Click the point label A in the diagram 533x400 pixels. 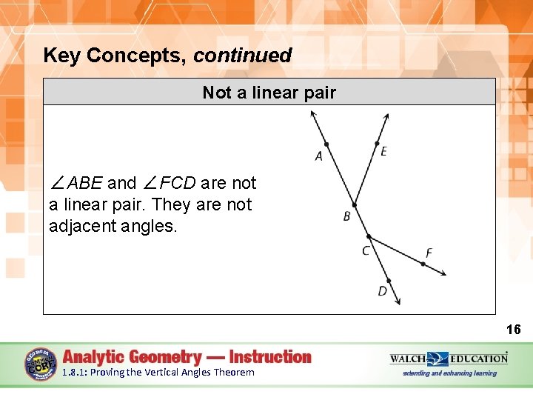(319, 156)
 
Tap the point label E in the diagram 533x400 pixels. (383, 152)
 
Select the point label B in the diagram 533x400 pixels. (347, 216)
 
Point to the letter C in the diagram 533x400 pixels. (366, 251)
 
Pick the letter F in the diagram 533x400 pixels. (429, 253)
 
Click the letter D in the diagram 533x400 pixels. (382, 291)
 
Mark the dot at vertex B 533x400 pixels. (354, 205)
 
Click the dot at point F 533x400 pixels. (423, 263)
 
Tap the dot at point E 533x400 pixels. (377, 144)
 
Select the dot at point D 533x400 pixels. (389, 281)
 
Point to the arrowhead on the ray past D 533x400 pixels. (398, 301)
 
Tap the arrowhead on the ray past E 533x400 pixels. (387, 116)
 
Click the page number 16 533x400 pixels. (513, 330)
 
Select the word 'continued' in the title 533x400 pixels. (243, 56)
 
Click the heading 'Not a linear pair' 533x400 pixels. (269, 93)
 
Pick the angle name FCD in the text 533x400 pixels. (177, 183)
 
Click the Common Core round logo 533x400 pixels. (41, 364)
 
